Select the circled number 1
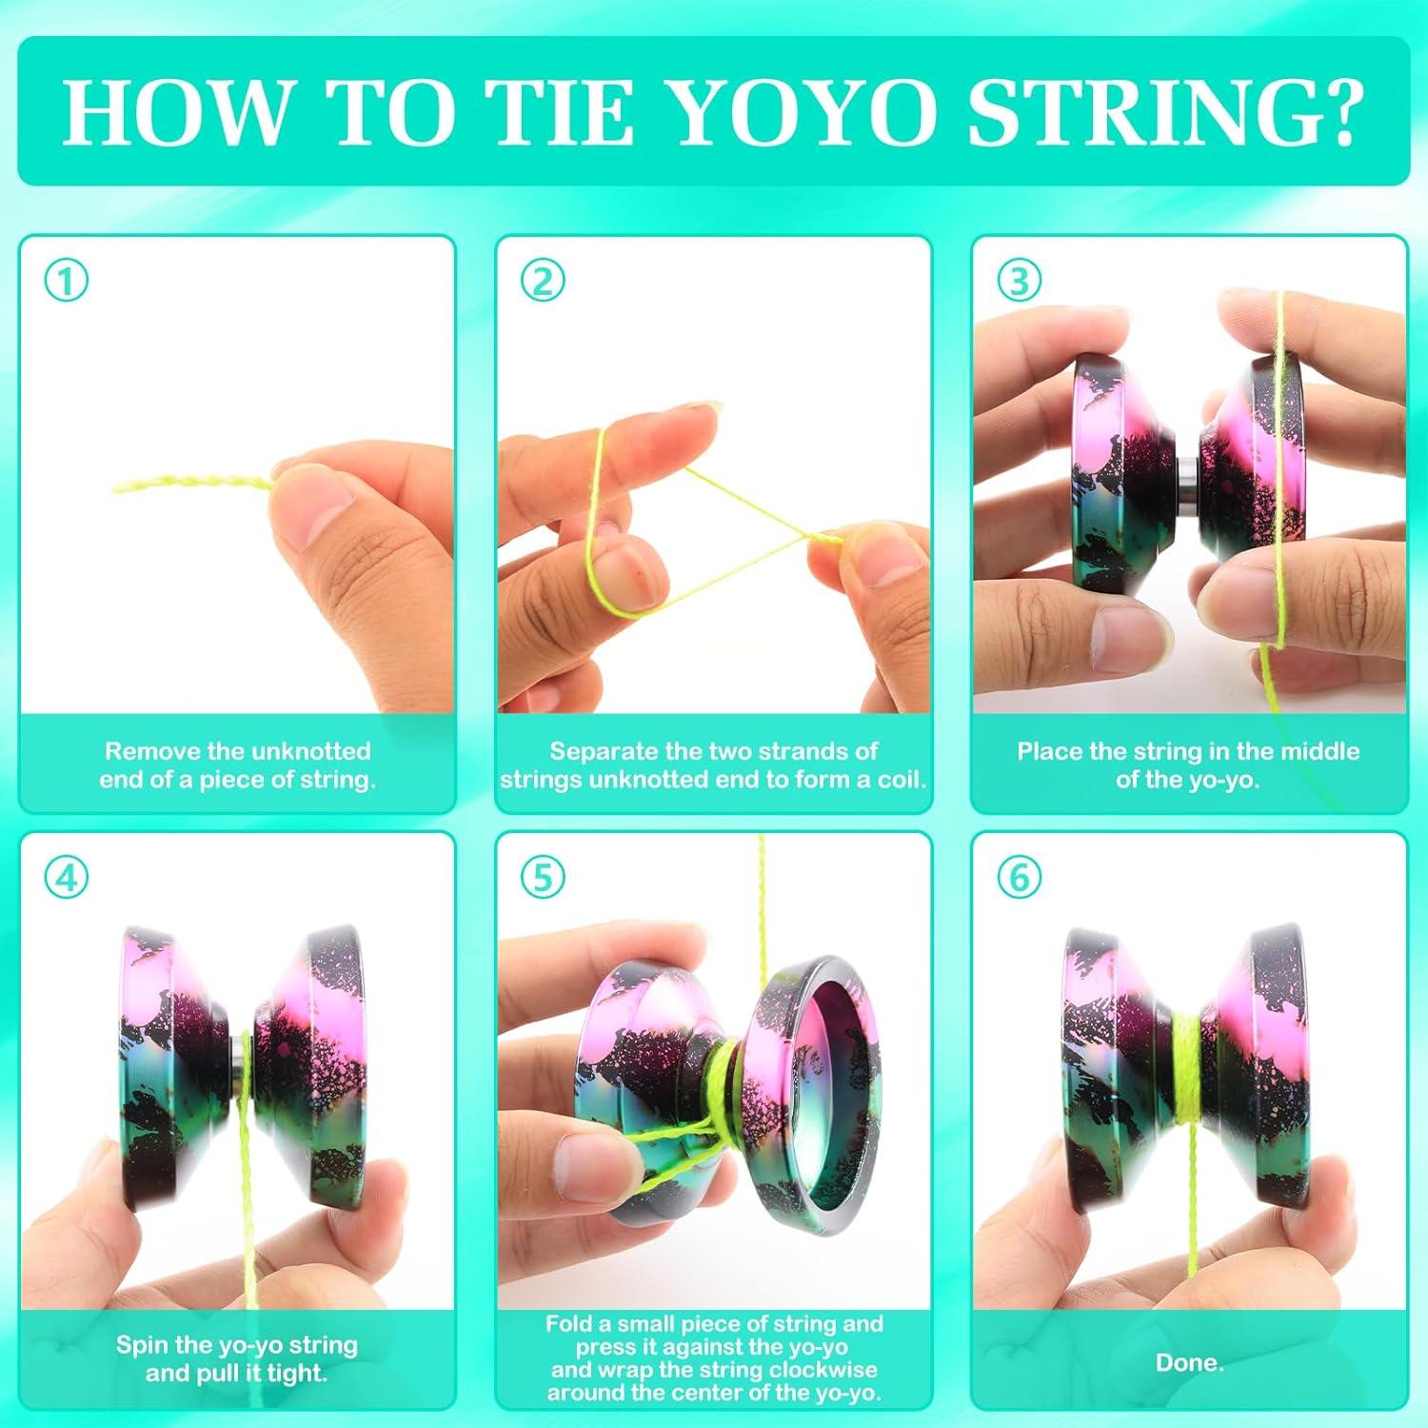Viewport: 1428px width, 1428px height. (67, 282)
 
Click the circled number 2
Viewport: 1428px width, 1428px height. (543, 282)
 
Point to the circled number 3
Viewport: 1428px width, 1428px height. (1019, 282)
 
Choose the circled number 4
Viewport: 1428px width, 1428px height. (67, 877)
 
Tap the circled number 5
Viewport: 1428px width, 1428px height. (543, 877)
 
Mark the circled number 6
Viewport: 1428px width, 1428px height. (1019, 877)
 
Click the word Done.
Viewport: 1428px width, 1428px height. (1189, 1362)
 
